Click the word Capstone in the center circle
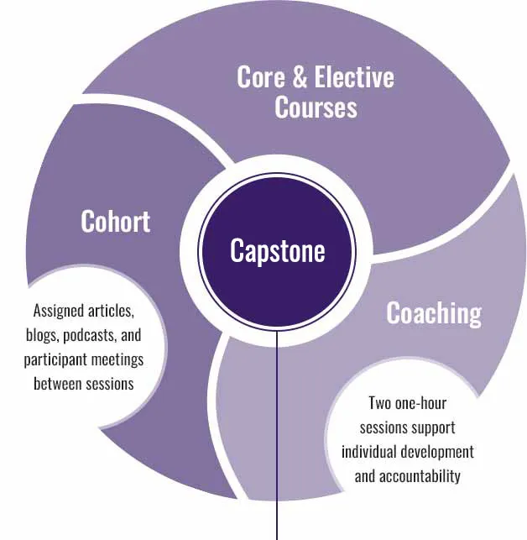pyautogui.click(x=277, y=251)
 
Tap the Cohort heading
pyautogui.click(x=115, y=221)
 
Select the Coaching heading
pyautogui.click(x=433, y=312)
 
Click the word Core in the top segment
pyautogui.click(x=261, y=78)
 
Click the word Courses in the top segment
pyautogui.click(x=316, y=107)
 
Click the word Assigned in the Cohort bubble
pyautogui.click(x=55, y=311)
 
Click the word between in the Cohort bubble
pyautogui.click(x=60, y=384)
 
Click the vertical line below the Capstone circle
pyautogui.click(x=276, y=437)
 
